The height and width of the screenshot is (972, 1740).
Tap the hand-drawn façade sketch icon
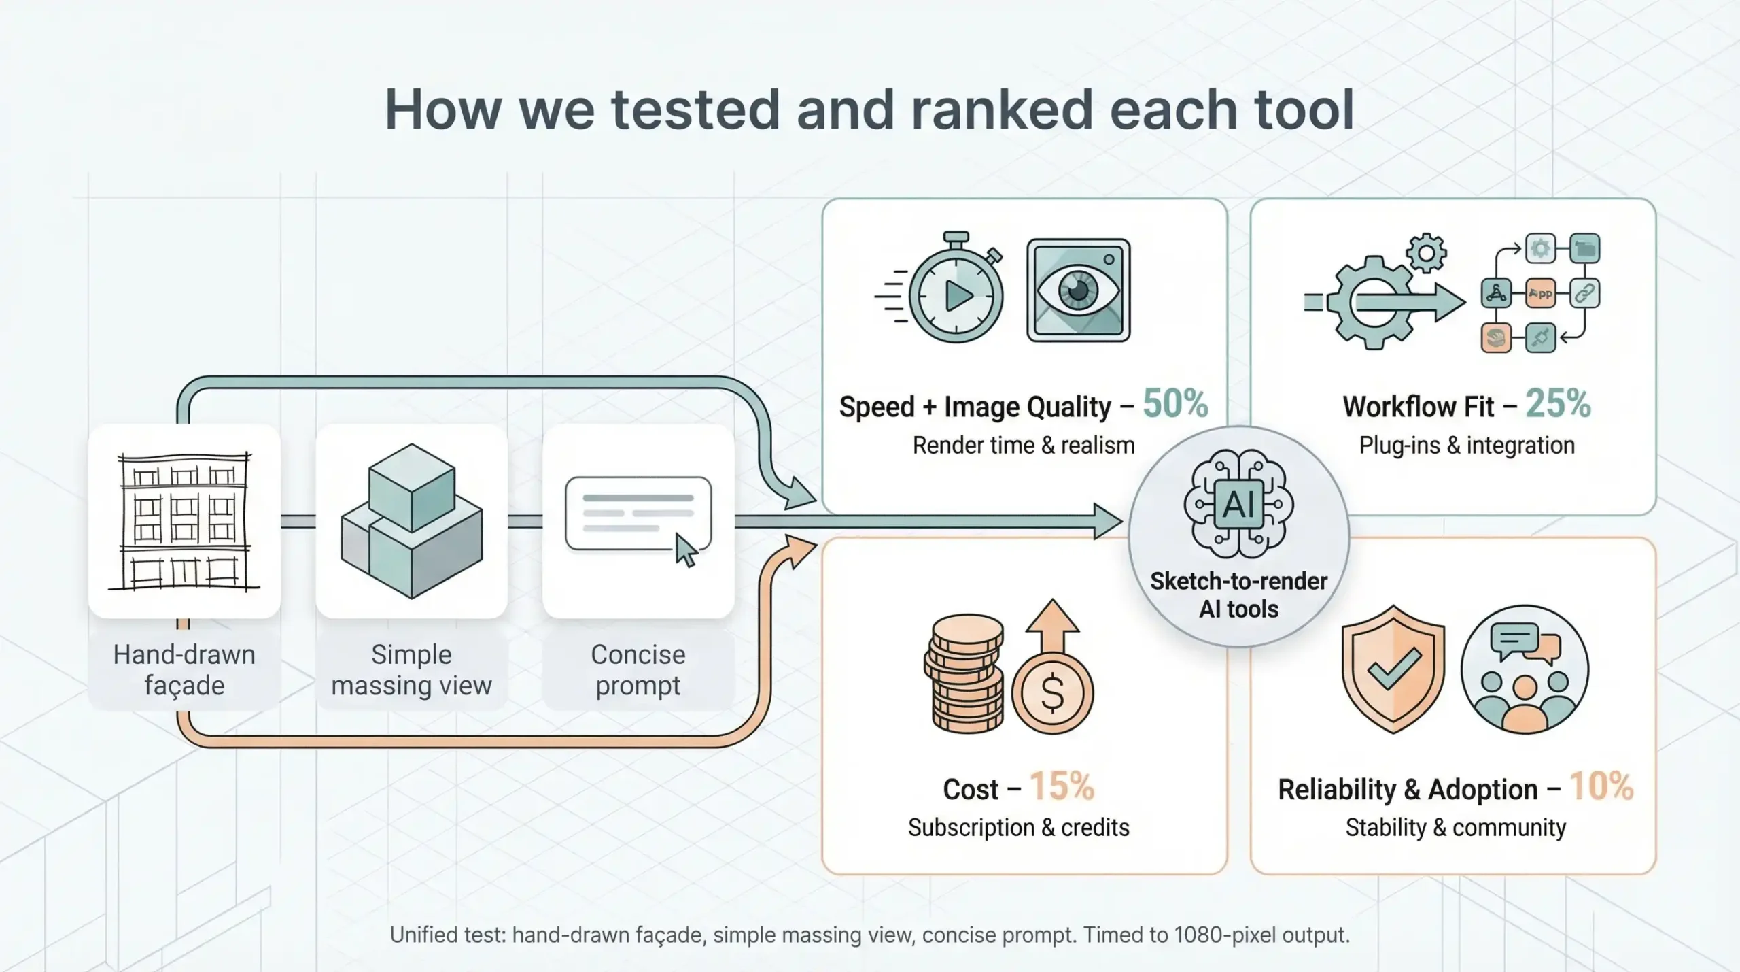point(184,521)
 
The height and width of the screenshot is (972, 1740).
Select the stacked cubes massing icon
point(412,521)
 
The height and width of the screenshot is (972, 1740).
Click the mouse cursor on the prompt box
point(686,550)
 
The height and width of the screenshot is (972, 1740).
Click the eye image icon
point(1079,290)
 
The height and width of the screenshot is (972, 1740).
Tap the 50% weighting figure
point(1175,404)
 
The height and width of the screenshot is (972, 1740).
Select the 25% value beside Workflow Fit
point(1558,404)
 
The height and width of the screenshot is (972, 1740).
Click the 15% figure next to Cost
point(1062,787)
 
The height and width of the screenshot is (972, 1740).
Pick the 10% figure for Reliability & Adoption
point(1601,787)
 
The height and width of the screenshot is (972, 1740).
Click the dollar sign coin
point(1053,692)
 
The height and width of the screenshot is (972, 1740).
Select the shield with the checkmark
point(1393,669)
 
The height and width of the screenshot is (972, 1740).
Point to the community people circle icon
point(1525,669)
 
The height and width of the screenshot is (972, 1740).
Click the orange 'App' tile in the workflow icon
point(1540,294)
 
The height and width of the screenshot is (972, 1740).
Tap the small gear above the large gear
point(1426,254)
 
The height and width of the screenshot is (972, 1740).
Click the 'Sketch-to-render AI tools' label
point(1238,595)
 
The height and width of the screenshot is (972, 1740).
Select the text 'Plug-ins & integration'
point(1467,446)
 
